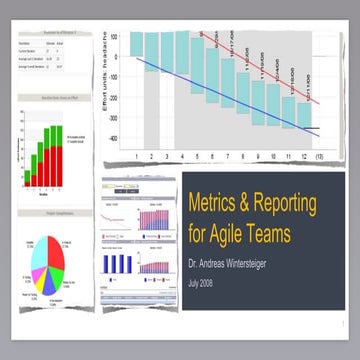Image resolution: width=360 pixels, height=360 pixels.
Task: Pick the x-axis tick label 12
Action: (303, 157)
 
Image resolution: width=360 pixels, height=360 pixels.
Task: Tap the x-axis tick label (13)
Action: (319, 157)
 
